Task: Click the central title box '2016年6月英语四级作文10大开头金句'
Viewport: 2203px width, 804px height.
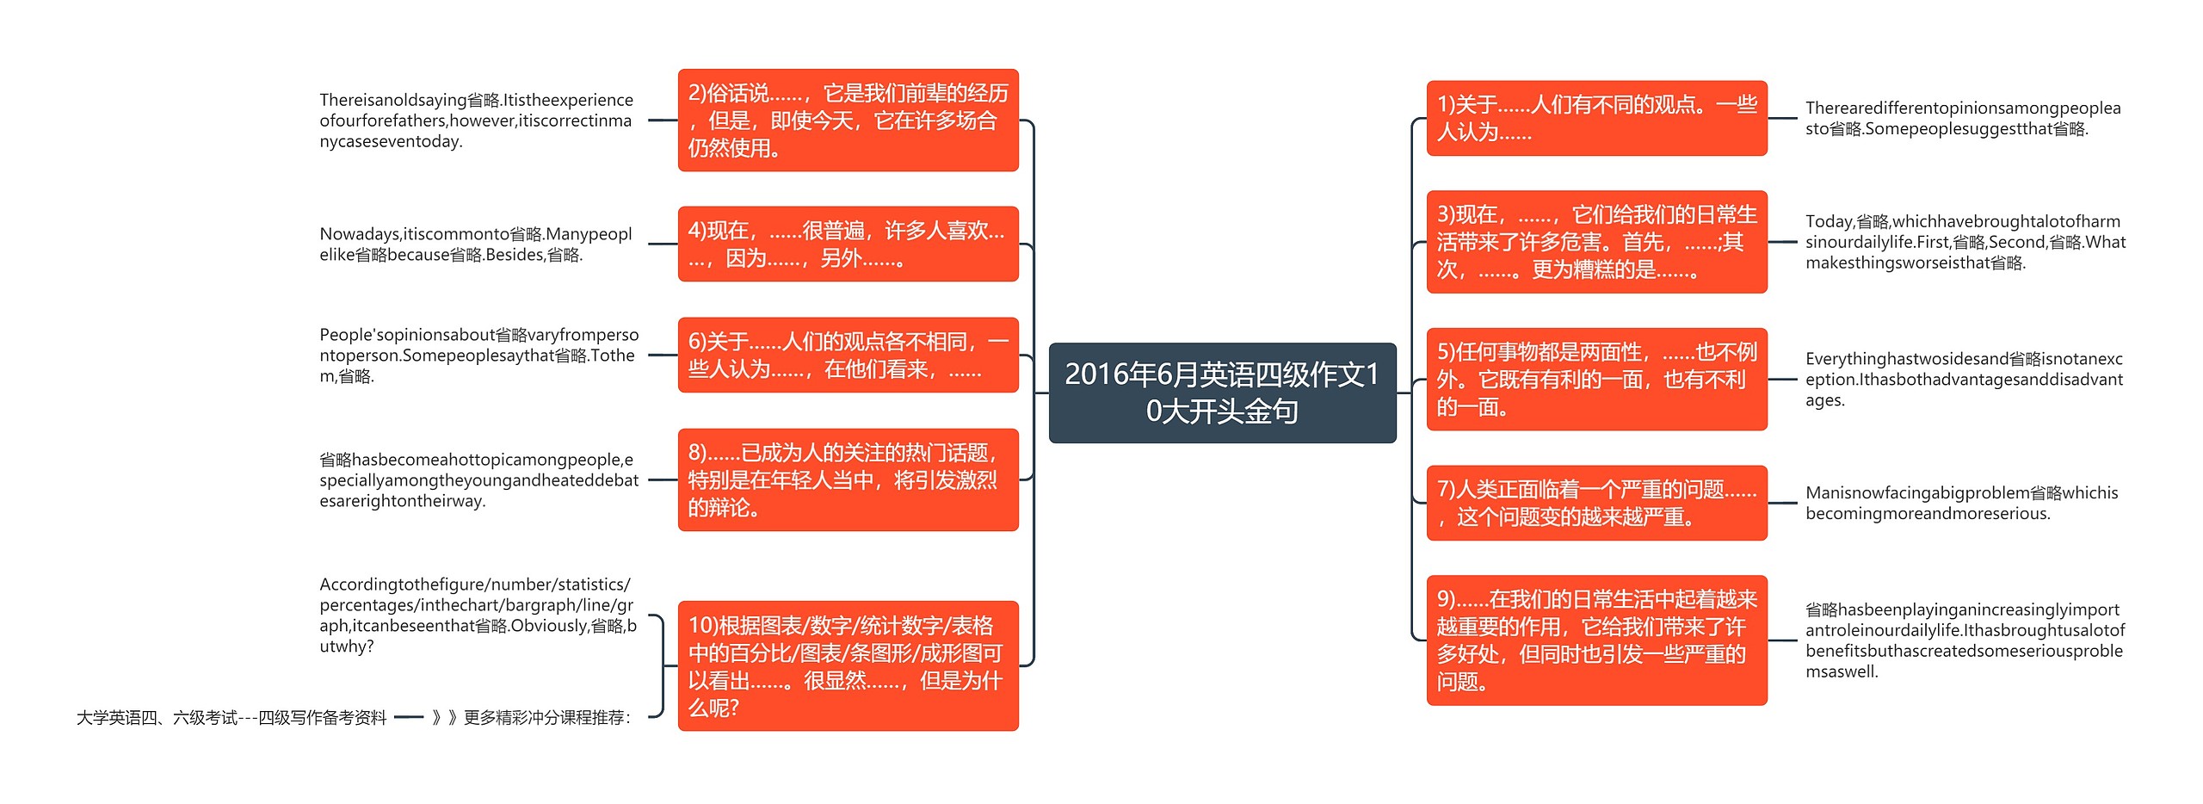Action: (1222, 393)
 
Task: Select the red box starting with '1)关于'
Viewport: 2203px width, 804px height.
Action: (1596, 118)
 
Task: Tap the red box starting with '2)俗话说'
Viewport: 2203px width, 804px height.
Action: (848, 121)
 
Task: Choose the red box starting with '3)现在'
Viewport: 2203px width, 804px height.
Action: (1596, 242)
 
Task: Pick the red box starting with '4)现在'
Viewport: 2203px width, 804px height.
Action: (848, 244)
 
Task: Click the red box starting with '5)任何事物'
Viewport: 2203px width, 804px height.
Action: (1596, 379)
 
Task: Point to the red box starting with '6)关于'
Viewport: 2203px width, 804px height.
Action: (848, 355)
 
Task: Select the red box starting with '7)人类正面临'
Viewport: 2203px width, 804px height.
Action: (1596, 503)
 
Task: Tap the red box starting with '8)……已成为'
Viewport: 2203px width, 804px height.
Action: (848, 479)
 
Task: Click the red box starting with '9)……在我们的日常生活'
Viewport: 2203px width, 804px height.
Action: (1596, 640)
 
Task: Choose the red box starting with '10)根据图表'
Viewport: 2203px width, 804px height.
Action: (848, 665)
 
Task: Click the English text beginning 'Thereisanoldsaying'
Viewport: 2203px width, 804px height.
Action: (476, 121)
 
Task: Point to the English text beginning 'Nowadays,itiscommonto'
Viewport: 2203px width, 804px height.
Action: (476, 244)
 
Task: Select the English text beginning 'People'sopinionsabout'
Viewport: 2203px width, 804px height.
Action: (478, 355)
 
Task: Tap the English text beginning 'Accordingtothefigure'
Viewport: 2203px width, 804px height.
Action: (478, 615)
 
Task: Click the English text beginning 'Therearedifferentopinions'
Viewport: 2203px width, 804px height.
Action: (1962, 118)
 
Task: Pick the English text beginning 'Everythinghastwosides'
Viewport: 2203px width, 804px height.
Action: (1964, 379)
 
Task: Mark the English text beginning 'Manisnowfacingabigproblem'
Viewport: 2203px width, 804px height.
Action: (1961, 503)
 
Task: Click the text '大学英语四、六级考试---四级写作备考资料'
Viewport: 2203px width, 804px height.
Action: (231, 717)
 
